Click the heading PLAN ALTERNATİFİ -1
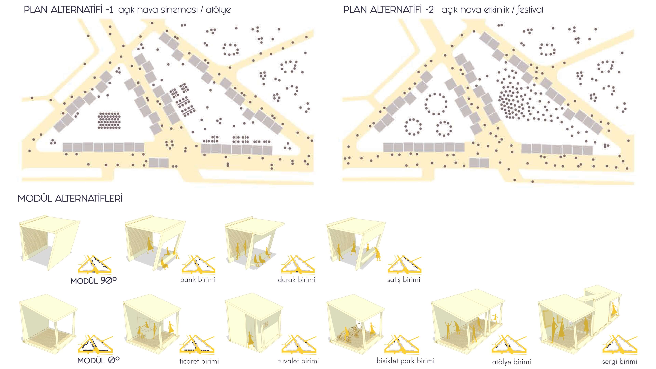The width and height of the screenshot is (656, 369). (68, 10)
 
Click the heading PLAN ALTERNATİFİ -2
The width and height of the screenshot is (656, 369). (388, 10)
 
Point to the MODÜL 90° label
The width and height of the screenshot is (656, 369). (93, 281)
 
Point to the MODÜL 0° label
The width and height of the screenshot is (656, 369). (98, 360)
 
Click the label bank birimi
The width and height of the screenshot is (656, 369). (198, 280)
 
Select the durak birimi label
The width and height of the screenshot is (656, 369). (297, 280)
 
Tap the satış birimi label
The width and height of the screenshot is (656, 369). (404, 280)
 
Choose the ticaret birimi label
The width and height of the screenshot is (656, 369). (199, 361)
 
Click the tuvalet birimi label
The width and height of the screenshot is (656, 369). (298, 361)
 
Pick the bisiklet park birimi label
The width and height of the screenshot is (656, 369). (405, 361)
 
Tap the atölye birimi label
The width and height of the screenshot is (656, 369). (512, 362)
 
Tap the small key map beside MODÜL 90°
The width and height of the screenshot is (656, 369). (95, 265)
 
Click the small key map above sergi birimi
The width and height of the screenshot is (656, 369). (620, 345)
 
